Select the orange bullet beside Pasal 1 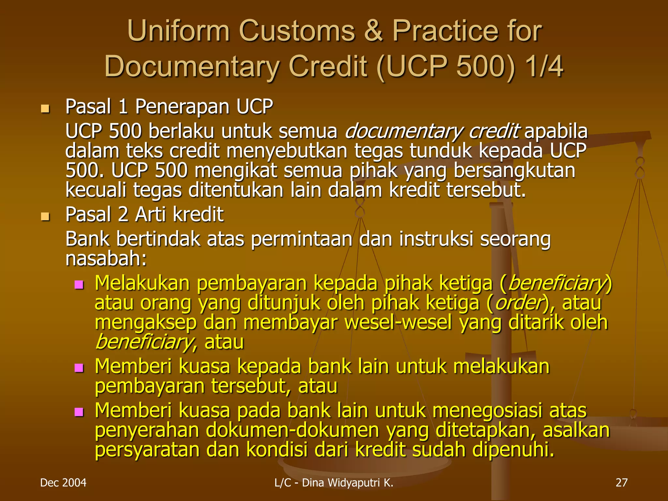[45, 109]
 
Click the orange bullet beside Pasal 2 [45, 216]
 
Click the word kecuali [96, 190]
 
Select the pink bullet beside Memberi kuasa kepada [79, 368]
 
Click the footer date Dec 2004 [63, 483]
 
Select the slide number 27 [621, 483]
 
